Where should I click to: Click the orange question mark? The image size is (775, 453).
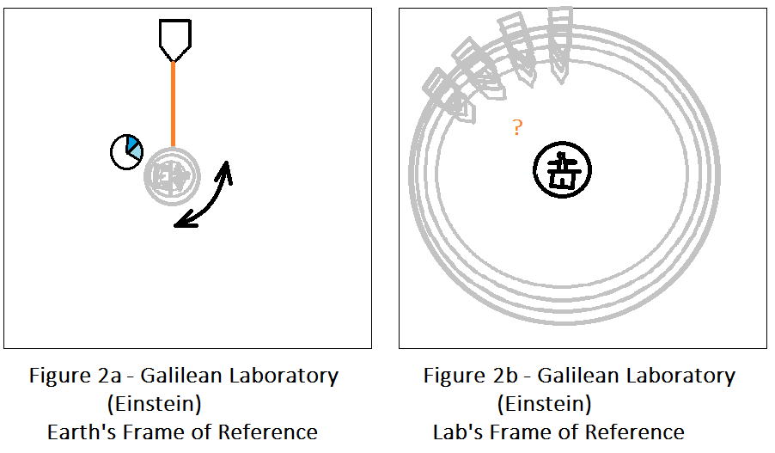(x=517, y=127)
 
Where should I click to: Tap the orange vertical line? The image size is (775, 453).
(x=173, y=104)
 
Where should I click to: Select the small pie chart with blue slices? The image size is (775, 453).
(x=126, y=152)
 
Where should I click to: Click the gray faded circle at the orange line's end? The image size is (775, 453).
(x=172, y=176)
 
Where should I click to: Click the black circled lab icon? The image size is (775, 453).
(x=563, y=169)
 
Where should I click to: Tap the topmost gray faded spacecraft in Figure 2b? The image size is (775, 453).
(x=560, y=45)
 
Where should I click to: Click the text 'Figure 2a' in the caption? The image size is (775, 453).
(x=75, y=376)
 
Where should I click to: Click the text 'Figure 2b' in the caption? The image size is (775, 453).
(x=470, y=376)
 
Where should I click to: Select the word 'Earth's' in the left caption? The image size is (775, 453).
(x=81, y=432)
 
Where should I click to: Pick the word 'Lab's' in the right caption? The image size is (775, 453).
(x=458, y=432)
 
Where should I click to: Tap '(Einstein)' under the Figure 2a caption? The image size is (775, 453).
(x=154, y=404)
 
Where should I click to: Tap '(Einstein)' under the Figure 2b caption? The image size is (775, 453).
(x=544, y=404)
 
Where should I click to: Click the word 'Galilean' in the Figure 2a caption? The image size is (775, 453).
(x=181, y=376)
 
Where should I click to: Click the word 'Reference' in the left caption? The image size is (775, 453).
(x=267, y=432)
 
